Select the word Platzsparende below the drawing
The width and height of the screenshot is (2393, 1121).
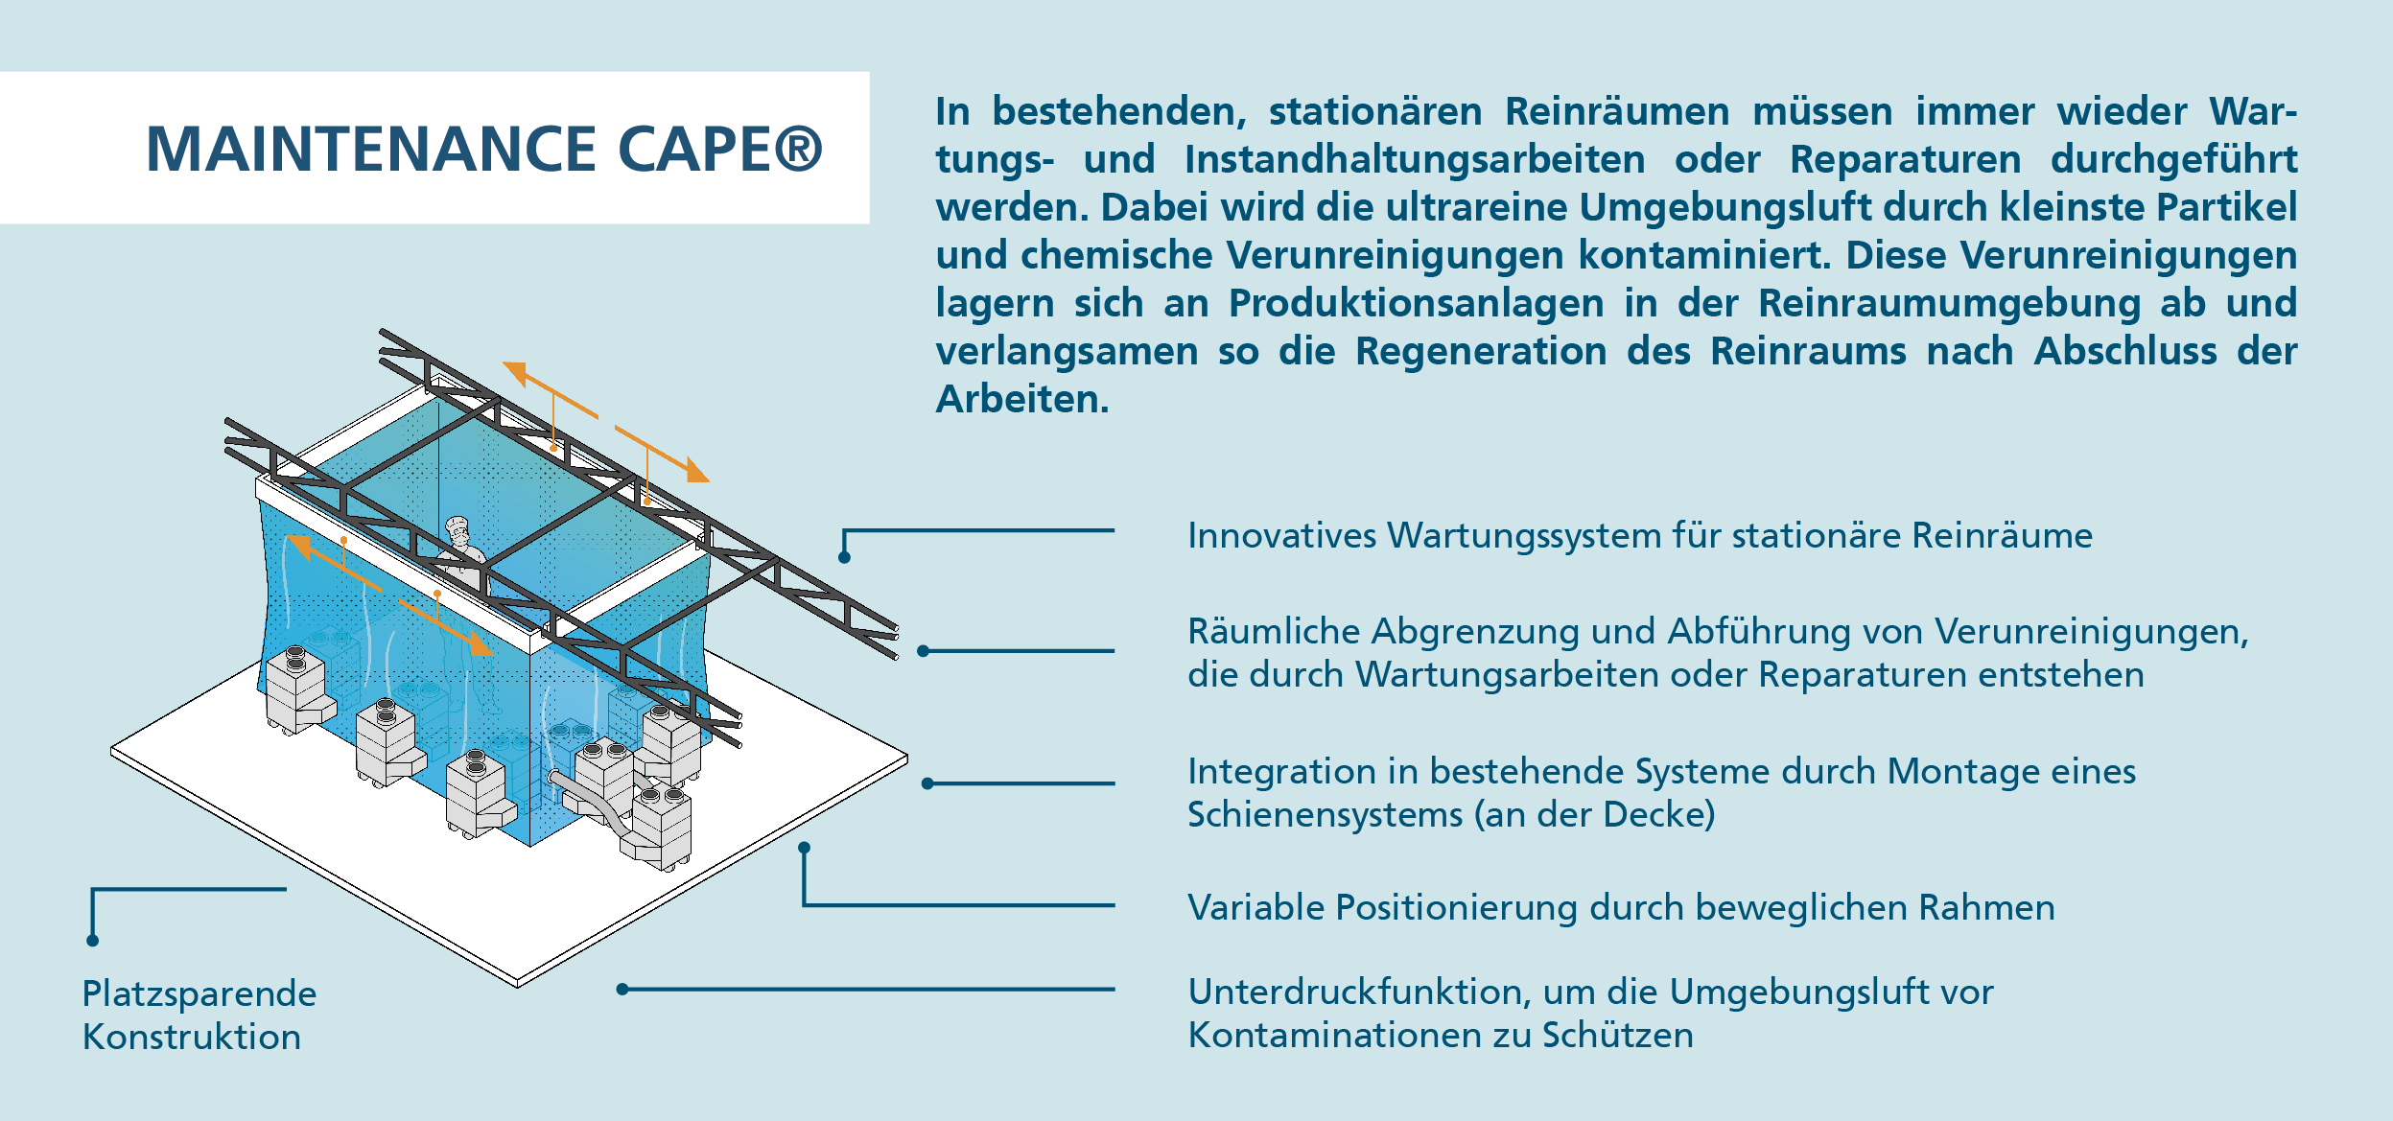coord(199,994)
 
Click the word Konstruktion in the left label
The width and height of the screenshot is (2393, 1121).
coord(192,1038)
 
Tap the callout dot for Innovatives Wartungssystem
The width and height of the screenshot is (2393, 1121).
coord(844,558)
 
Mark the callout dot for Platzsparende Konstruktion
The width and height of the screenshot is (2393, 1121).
coord(93,941)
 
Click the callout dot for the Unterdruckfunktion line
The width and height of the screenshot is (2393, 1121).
coord(622,989)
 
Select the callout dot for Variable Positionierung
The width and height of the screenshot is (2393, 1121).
coord(805,848)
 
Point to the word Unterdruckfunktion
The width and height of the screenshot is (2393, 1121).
coord(1355,992)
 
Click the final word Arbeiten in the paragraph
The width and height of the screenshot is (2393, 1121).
coord(1022,399)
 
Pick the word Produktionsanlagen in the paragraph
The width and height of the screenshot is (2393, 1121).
coord(1417,304)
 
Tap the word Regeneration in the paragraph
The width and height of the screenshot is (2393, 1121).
coord(1481,352)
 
